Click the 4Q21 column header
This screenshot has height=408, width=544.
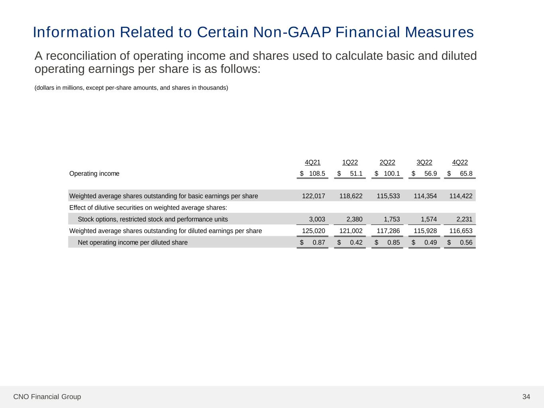312,163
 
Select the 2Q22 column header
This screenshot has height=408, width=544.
387,163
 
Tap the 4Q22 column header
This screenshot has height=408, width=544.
460,163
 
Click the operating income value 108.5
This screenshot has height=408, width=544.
317,174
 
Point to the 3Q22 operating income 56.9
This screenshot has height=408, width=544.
430,174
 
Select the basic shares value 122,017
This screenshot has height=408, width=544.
314,196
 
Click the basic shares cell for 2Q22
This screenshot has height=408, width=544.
388,196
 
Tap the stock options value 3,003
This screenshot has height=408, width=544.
317,219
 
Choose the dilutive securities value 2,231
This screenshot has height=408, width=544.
464,219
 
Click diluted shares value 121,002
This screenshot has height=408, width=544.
351,231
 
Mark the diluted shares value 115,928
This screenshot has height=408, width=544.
425,231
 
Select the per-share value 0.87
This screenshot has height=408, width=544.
319,243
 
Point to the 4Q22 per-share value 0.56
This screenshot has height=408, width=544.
466,243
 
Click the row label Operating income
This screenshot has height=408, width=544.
94,174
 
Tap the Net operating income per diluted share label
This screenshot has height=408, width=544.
132,243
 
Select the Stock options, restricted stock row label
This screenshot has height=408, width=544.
153,219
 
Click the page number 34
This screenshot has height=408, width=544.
526,397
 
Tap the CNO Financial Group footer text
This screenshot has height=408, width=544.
47,397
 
